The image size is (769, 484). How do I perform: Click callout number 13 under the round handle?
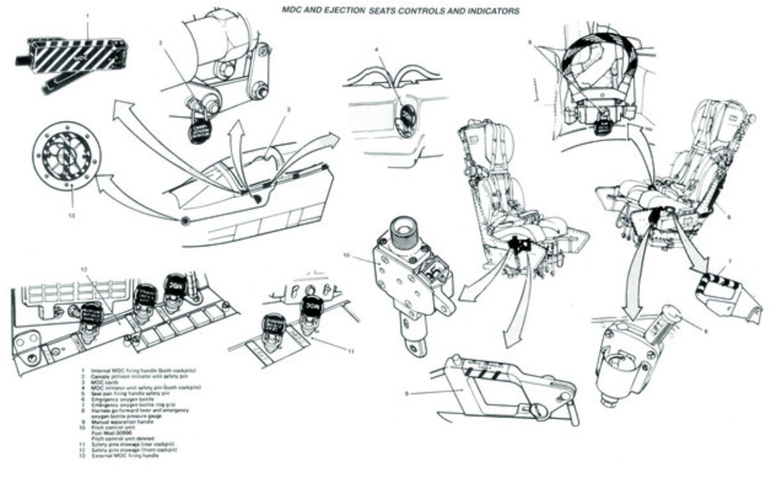(x=71, y=215)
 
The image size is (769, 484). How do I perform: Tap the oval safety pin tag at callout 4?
(x=406, y=116)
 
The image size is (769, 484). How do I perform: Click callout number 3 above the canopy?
(x=288, y=110)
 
